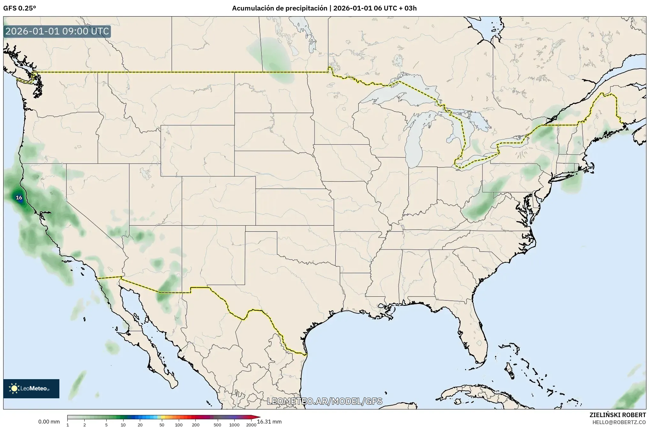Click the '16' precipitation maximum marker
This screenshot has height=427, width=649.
[x=19, y=198]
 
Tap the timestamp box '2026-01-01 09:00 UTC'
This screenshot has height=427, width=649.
[x=57, y=32]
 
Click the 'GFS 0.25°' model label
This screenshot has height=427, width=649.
[x=19, y=8]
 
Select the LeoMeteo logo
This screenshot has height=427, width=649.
[x=31, y=388]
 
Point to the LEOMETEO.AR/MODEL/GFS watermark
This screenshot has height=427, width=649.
[x=324, y=401]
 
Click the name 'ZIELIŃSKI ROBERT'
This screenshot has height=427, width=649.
[x=617, y=415]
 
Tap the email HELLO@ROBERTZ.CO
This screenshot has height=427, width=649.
[x=619, y=422]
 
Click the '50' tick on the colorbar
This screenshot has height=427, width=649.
[x=162, y=425]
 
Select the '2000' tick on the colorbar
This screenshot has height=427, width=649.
[x=251, y=425]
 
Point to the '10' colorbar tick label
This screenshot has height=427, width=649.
[x=123, y=425]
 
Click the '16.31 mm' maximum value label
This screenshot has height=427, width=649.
[x=269, y=422]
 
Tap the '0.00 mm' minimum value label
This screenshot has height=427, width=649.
[x=49, y=422]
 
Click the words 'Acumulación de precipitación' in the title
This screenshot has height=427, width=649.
[x=280, y=8]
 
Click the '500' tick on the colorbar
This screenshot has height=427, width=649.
[x=217, y=425]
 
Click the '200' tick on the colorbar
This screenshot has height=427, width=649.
[x=196, y=425]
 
